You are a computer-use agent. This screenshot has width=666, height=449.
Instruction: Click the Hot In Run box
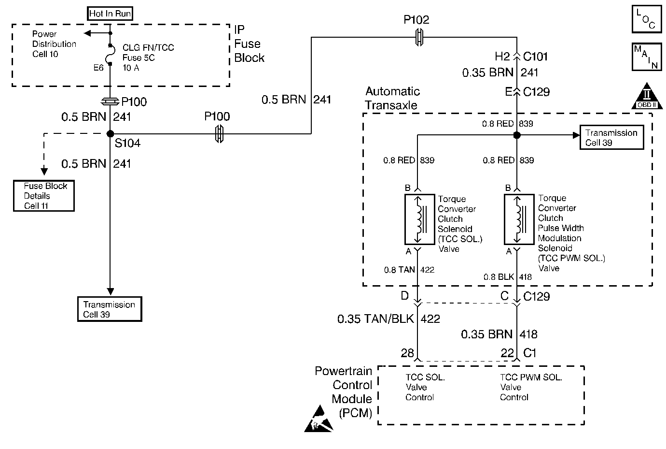110,14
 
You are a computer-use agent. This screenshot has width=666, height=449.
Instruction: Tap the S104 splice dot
110,134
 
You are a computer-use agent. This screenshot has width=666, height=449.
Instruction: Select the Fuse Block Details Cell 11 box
44,196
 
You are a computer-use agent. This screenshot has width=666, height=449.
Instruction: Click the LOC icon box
646,20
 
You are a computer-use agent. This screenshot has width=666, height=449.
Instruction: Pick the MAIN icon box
646,57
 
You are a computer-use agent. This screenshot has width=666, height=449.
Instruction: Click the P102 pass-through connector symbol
419,37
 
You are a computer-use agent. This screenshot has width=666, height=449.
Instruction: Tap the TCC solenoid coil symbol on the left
419,219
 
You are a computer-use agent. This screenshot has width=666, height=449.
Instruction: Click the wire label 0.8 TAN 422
409,270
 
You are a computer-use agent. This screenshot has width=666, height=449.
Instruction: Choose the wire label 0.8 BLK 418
507,277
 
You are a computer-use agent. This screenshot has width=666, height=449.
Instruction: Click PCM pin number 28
407,353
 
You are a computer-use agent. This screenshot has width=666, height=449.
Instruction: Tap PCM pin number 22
507,353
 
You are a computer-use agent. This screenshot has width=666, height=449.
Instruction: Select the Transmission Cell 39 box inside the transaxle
611,138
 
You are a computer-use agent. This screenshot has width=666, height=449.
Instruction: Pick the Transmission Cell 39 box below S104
110,309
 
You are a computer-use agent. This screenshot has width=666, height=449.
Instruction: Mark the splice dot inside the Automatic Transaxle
517,136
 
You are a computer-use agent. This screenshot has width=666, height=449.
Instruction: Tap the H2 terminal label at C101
502,57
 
